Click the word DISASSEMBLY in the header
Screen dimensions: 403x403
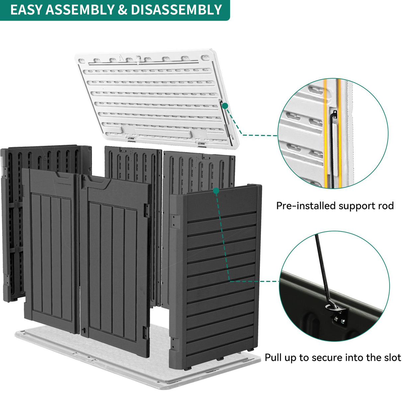coord(176,10)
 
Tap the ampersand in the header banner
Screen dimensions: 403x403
coord(122,10)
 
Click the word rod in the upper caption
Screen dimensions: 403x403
coord(386,206)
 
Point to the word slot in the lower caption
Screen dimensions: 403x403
coord(392,358)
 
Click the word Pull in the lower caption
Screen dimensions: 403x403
coord(273,358)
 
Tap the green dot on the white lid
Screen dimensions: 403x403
coord(225,106)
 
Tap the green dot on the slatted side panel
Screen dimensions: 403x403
coord(216,191)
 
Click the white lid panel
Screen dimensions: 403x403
coord(153,96)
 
